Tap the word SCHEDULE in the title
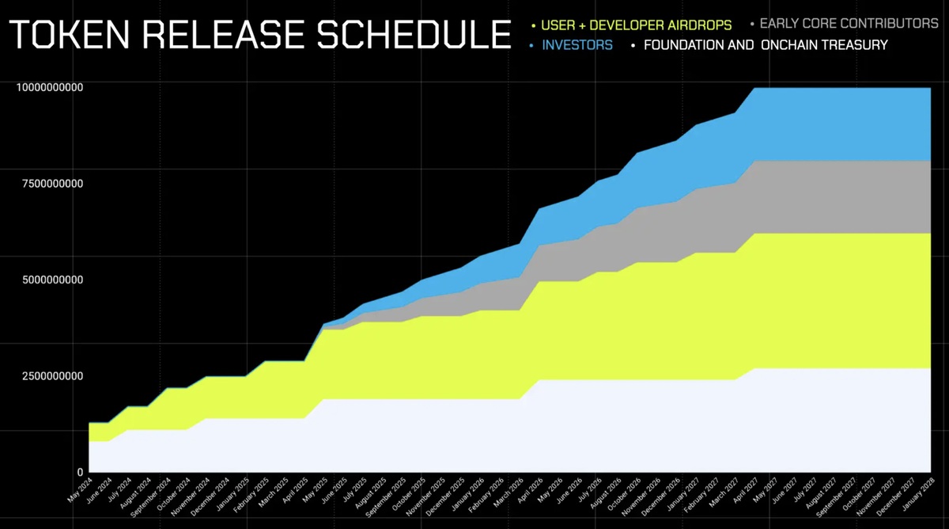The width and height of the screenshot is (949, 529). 411,36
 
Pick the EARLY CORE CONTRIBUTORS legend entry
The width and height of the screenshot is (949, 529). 849,24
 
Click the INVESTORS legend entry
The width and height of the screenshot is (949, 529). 577,45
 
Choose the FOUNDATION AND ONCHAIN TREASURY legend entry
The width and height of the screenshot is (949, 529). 766,45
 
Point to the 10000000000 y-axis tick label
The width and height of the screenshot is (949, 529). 50,88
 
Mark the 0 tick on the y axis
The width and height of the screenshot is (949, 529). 79,471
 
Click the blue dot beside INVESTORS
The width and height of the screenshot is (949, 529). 532,46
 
